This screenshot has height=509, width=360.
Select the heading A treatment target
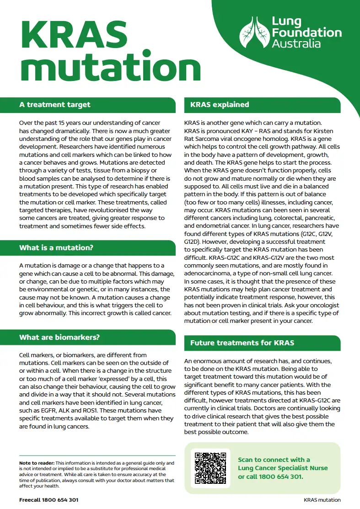point(55,105)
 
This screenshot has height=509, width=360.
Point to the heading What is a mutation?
point(56,248)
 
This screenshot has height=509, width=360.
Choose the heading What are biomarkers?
point(59,338)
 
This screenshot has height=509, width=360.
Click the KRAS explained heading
point(220,105)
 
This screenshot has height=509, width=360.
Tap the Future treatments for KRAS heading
point(242,343)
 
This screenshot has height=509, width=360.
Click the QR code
point(210,468)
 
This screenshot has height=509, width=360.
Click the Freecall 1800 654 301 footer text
point(48,500)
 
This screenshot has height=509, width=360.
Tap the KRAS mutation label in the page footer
point(322,500)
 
